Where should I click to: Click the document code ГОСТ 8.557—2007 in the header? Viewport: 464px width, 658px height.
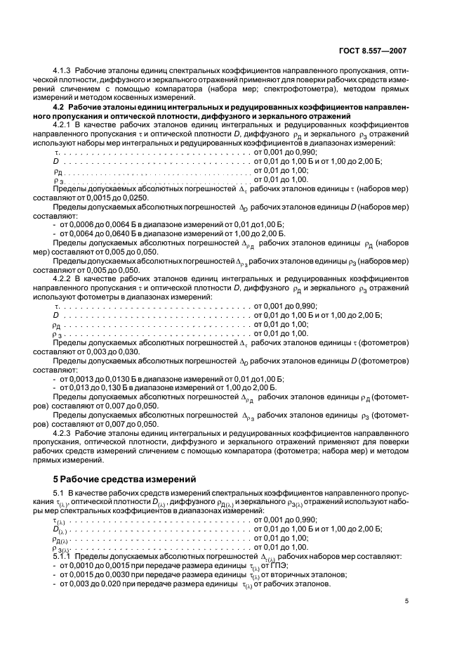(x=371, y=51)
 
